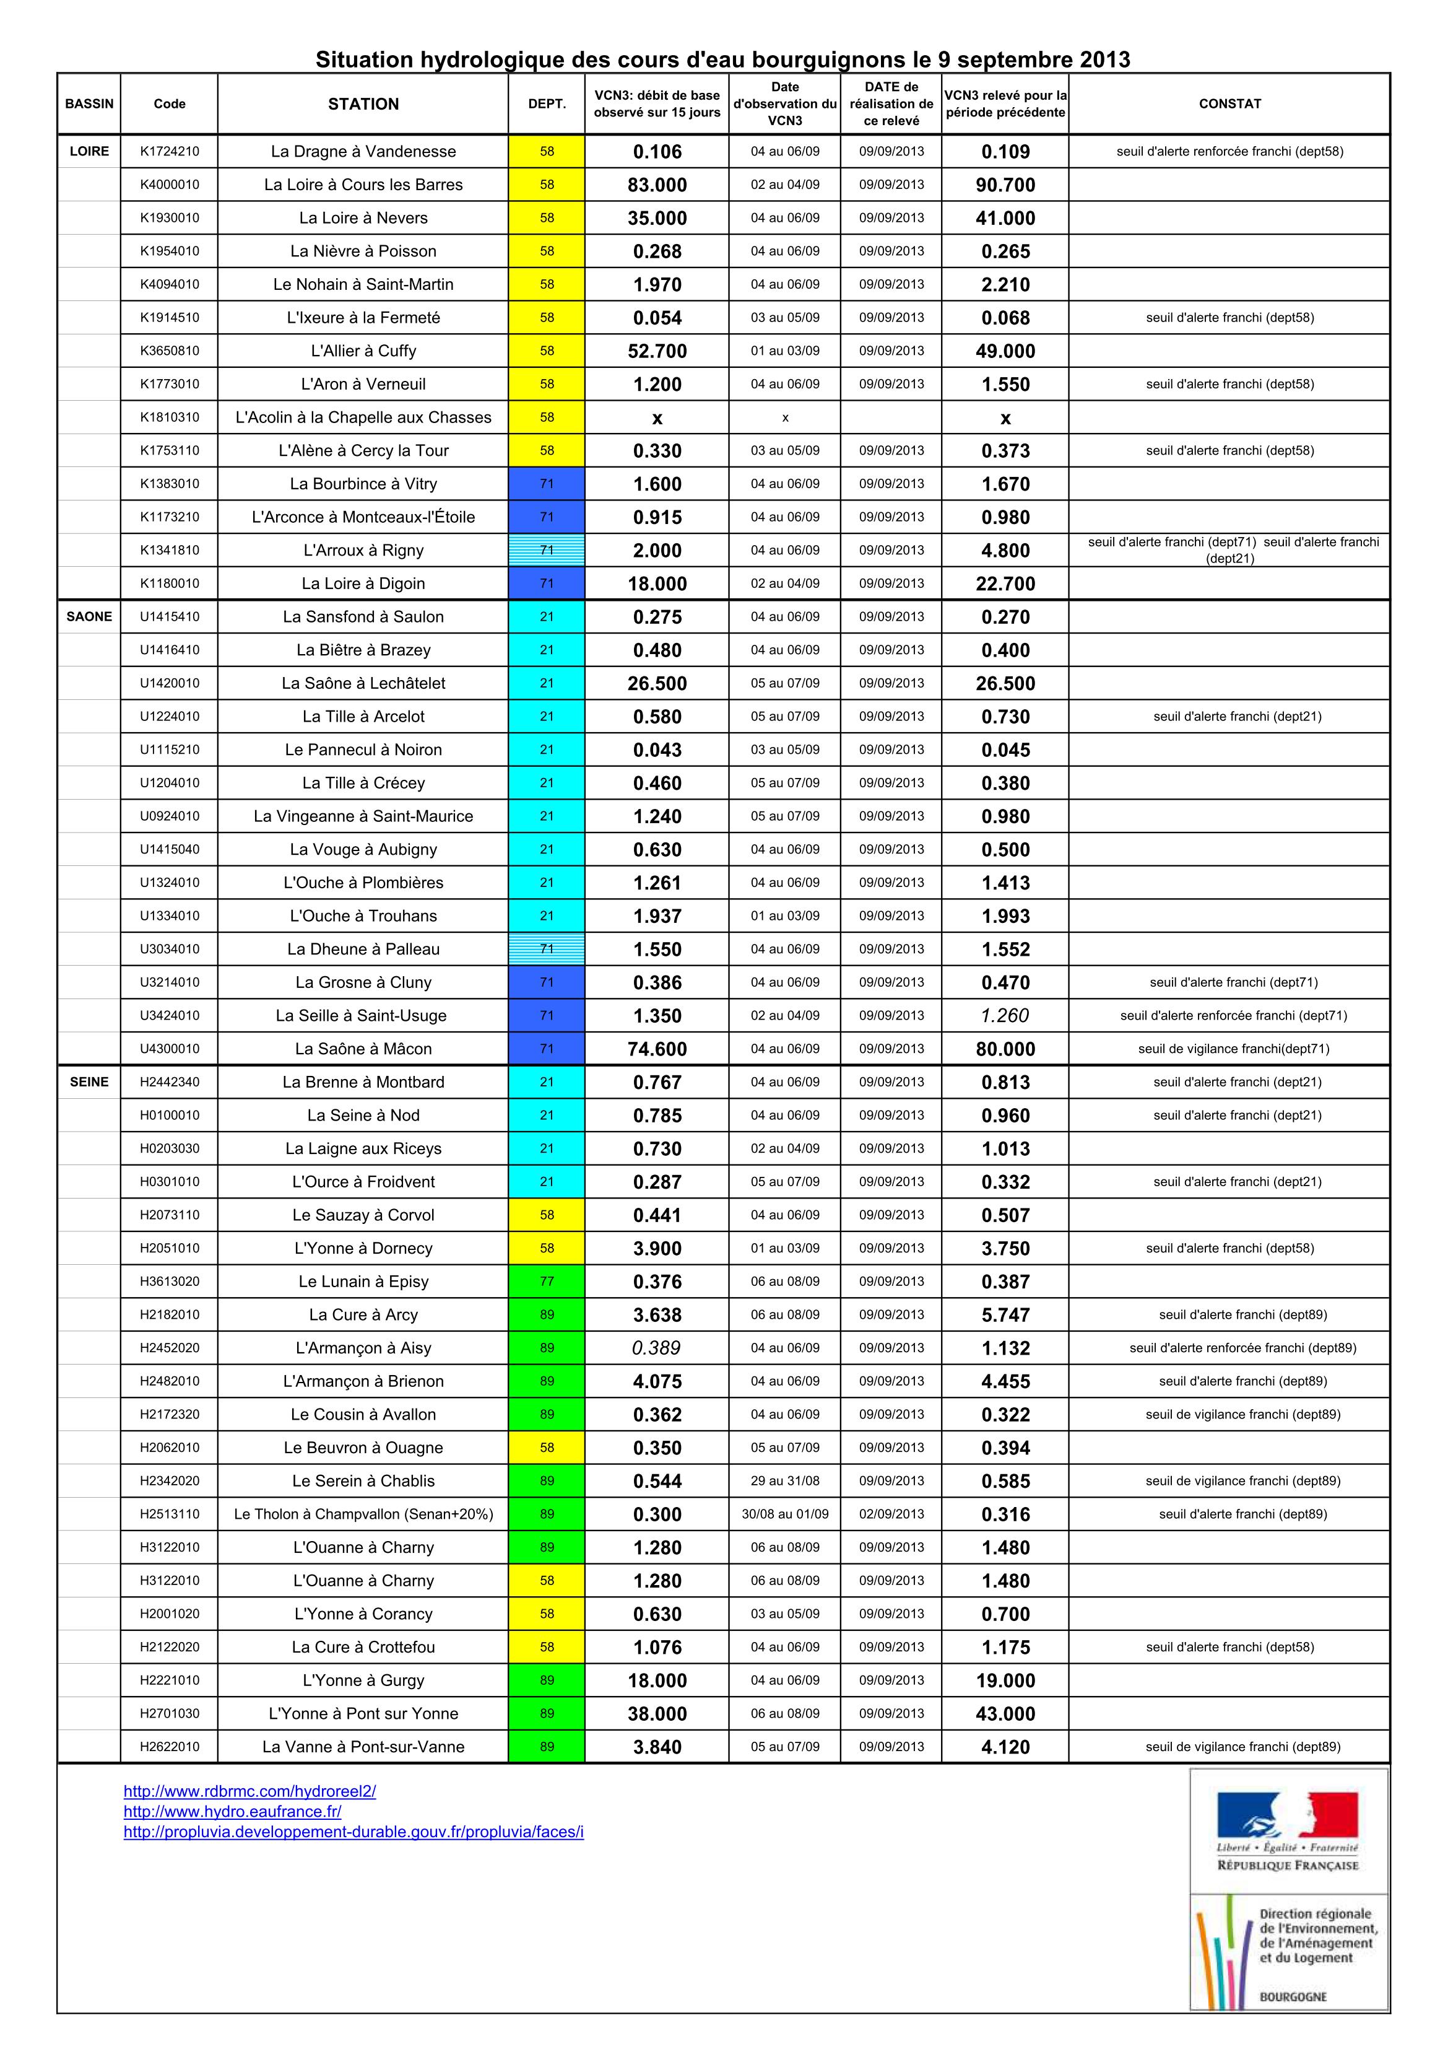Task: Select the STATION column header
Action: tap(363, 103)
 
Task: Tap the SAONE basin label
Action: tap(89, 617)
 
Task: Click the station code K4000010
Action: tap(170, 185)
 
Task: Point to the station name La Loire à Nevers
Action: tap(363, 218)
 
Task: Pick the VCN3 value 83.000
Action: tap(657, 185)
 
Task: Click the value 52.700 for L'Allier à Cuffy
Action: tap(657, 351)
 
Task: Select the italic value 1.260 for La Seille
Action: tap(1005, 1016)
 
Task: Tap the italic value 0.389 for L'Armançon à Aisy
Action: tap(657, 1348)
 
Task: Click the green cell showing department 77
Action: tap(546, 1282)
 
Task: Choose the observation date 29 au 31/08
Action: tap(784, 1480)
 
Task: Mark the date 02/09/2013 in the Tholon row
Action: tap(891, 1514)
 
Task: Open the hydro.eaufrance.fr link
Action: tap(233, 1812)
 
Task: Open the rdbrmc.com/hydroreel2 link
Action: tap(250, 1791)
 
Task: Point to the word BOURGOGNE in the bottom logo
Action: tap(1293, 1996)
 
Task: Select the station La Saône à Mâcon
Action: tap(363, 1049)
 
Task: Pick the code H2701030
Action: tap(170, 1713)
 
